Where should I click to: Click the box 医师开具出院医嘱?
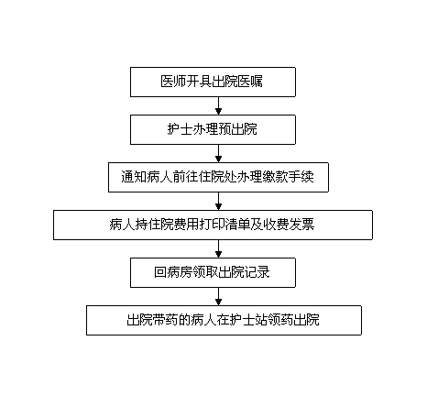[213, 82]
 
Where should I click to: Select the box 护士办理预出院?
[213, 129]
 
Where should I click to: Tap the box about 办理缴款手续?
[218, 177]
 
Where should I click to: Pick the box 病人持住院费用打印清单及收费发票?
[213, 225]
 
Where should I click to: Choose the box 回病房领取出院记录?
[213, 272]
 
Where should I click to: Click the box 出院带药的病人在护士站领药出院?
[224, 320]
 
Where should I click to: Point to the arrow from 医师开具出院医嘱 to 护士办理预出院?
[218, 106]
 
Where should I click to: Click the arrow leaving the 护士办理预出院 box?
[218, 154]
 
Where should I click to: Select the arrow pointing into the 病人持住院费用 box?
[218, 202]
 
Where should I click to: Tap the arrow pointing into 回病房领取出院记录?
[218, 249]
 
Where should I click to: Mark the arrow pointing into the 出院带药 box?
[218, 297]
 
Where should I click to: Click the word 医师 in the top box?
[173, 82]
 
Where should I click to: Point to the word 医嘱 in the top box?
[250, 82]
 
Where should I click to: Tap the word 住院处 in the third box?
[217, 177]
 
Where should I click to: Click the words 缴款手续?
[289, 177]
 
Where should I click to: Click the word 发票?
[301, 225]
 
